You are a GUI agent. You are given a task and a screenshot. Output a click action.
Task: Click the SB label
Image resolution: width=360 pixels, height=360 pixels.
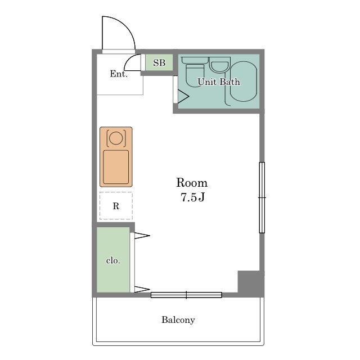(159, 62)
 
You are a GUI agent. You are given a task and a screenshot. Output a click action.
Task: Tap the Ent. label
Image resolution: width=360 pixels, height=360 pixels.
(119, 74)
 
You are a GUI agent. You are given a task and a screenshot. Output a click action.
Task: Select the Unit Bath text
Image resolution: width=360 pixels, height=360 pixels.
(219, 82)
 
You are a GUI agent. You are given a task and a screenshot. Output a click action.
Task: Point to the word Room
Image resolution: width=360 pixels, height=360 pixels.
(192, 183)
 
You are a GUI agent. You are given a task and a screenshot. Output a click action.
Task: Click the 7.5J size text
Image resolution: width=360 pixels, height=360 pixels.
(192, 197)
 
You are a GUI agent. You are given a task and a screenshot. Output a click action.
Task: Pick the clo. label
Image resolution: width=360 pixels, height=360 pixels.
(113, 260)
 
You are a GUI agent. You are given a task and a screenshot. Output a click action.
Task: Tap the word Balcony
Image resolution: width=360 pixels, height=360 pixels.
(178, 320)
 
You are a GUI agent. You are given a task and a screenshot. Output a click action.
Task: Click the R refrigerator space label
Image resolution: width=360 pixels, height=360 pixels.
(116, 206)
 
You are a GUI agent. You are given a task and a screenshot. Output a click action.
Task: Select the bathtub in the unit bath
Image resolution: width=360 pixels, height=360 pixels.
(244, 81)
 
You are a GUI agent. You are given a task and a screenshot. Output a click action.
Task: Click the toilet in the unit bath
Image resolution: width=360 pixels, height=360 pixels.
(195, 72)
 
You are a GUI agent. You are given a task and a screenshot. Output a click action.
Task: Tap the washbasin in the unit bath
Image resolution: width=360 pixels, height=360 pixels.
(220, 65)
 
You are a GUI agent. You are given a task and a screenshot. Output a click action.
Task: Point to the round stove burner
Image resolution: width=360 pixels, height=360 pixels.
(116, 138)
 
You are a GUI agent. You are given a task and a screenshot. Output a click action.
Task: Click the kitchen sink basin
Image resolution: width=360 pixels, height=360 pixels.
(116, 167)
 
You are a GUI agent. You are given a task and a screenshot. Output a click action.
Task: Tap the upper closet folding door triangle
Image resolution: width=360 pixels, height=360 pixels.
(142, 236)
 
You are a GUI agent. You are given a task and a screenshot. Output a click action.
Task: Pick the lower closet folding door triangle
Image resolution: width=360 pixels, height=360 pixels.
(142, 290)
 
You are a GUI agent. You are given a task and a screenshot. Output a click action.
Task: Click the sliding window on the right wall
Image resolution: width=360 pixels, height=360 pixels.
(262, 197)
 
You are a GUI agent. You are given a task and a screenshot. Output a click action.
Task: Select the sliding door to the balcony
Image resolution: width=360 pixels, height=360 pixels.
(186, 295)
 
